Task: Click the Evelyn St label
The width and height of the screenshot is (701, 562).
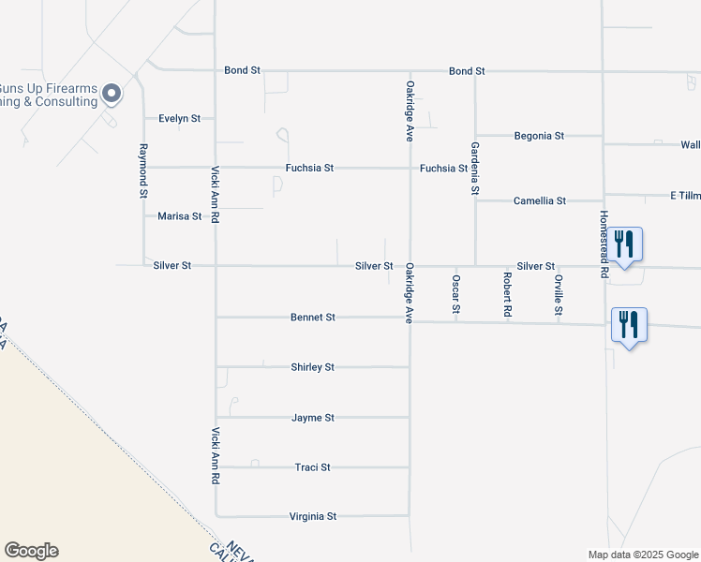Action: click(x=180, y=119)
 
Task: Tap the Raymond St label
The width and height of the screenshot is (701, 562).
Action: click(x=143, y=170)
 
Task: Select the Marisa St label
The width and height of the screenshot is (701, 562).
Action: click(x=179, y=216)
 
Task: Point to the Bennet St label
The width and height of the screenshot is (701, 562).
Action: click(x=313, y=318)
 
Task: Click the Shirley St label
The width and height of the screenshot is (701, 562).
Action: click(x=313, y=367)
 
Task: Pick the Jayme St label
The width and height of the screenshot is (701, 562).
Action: click(x=313, y=418)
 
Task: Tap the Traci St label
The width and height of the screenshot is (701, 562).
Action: click(x=313, y=466)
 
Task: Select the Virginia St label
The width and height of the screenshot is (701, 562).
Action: click(x=313, y=516)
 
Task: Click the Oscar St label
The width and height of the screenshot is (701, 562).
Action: click(x=456, y=294)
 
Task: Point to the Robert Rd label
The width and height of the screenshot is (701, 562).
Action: click(x=507, y=294)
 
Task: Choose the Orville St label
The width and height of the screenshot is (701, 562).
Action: click(x=558, y=294)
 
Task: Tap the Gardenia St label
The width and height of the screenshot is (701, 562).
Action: click(x=475, y=169)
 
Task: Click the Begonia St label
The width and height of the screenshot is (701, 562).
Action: click(x=539, y=136)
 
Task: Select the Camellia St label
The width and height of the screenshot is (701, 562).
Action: click(x=540, y=200)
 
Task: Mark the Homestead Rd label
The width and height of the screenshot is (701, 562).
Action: click(x=604, y=243)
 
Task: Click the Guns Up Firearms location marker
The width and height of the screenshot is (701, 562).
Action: click(x=112, y=93)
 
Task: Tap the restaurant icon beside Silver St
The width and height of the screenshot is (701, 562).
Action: click(x=626, y=244)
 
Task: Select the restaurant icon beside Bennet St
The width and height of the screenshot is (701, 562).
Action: click(x=628, y=325)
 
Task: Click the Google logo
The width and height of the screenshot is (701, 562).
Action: click(x=31, y=551)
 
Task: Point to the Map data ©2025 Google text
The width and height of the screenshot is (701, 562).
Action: click(x=642, y=555)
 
